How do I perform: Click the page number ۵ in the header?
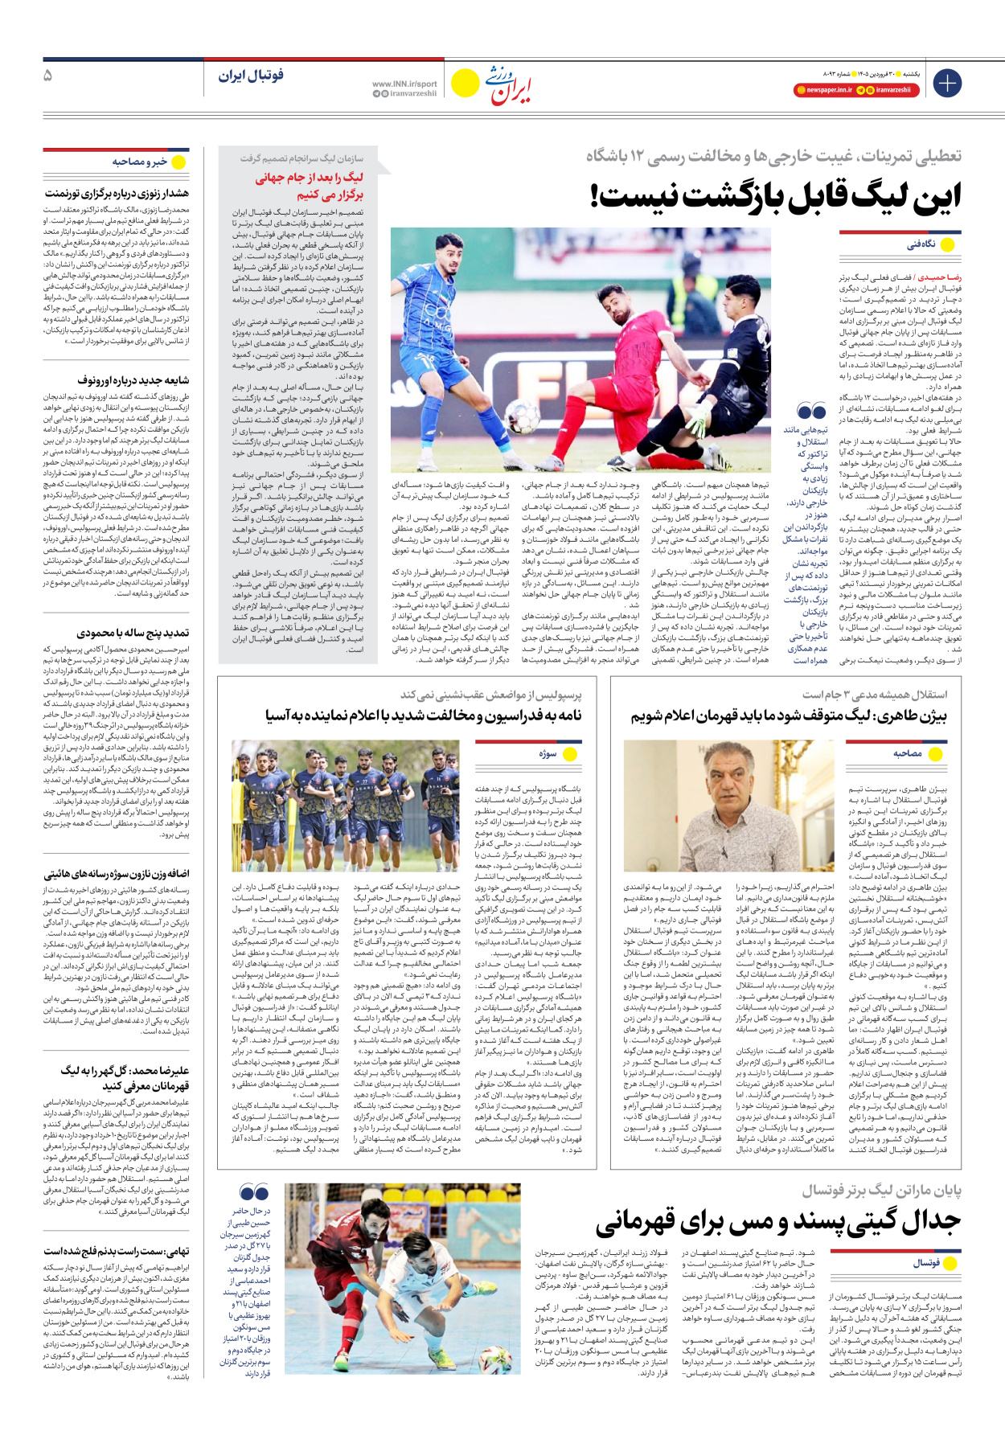47,76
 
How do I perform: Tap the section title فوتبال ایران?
251,76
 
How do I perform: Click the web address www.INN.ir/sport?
404,84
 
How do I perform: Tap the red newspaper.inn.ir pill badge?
824,90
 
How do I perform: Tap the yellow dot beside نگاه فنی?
947,244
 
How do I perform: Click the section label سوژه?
548,753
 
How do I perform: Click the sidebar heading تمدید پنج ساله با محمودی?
133,633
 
